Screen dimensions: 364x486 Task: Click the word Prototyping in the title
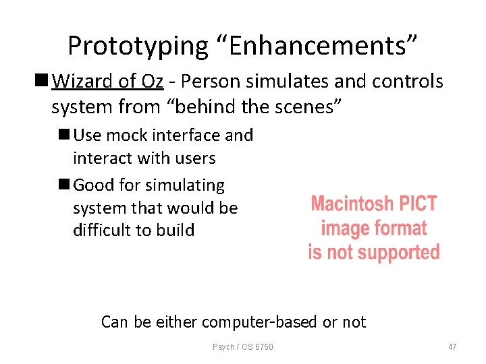(x=138, y=46)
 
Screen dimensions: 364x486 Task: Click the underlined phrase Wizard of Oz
(x=108, y=82)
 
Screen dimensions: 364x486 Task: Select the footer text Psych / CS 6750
(x=243, y=346)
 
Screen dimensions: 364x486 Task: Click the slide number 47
(x=452, y=346)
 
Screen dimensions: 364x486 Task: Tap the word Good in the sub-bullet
(x=91, y=185)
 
